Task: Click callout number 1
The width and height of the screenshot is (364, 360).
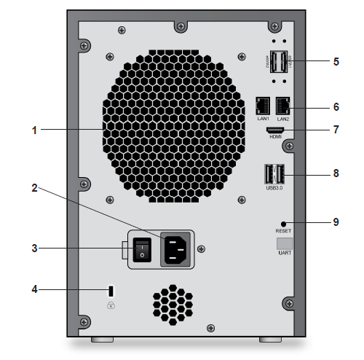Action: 34,130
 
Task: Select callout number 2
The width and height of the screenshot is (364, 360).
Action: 34,188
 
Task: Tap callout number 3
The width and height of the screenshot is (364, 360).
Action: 34,248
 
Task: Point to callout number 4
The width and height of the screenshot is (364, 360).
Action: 34,290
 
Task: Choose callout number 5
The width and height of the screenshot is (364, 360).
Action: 336,62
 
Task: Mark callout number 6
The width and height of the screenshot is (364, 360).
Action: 336,106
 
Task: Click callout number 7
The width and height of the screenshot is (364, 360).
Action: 336,130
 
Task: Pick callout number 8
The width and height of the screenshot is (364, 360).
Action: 336,175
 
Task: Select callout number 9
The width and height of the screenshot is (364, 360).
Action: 336,222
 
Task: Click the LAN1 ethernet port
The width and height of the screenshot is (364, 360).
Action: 263,104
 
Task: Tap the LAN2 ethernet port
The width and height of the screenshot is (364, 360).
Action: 282,104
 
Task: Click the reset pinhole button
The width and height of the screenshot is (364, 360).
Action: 283,222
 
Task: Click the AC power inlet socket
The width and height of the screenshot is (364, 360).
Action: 177,249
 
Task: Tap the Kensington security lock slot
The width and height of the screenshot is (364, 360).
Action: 111,290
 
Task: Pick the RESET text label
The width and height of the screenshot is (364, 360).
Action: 283,230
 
